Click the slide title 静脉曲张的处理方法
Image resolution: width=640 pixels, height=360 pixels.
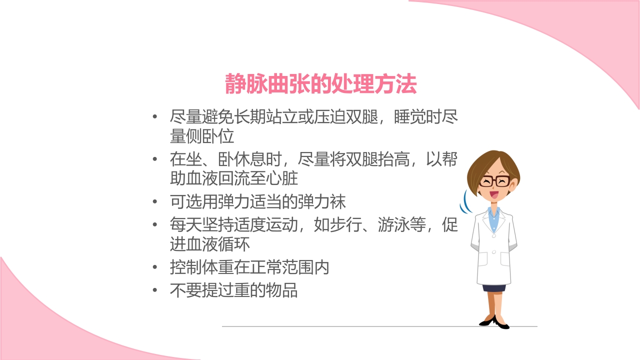(x=320, y=84)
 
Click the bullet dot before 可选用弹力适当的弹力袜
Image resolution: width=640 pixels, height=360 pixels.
(x=155, y=202)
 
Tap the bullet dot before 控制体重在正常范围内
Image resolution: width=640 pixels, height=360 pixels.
(x=155, y=268)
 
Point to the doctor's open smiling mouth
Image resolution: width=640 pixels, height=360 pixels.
(x=493, y=194)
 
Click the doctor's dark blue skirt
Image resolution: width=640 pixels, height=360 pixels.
(x=493, y=287)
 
